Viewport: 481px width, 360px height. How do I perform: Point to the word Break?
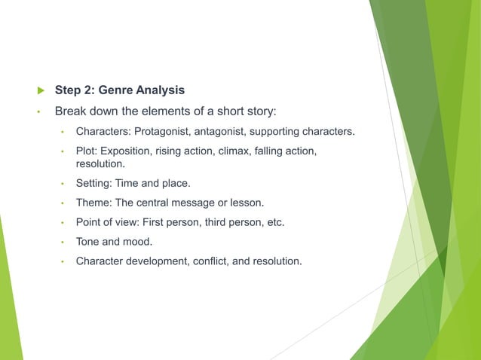pos(72,112)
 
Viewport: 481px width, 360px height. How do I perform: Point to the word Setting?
pos(94,183)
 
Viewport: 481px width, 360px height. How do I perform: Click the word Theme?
pos(92,203)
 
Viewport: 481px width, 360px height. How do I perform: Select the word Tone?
pos(88,242)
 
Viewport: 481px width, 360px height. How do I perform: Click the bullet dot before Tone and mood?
pos(64,243)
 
